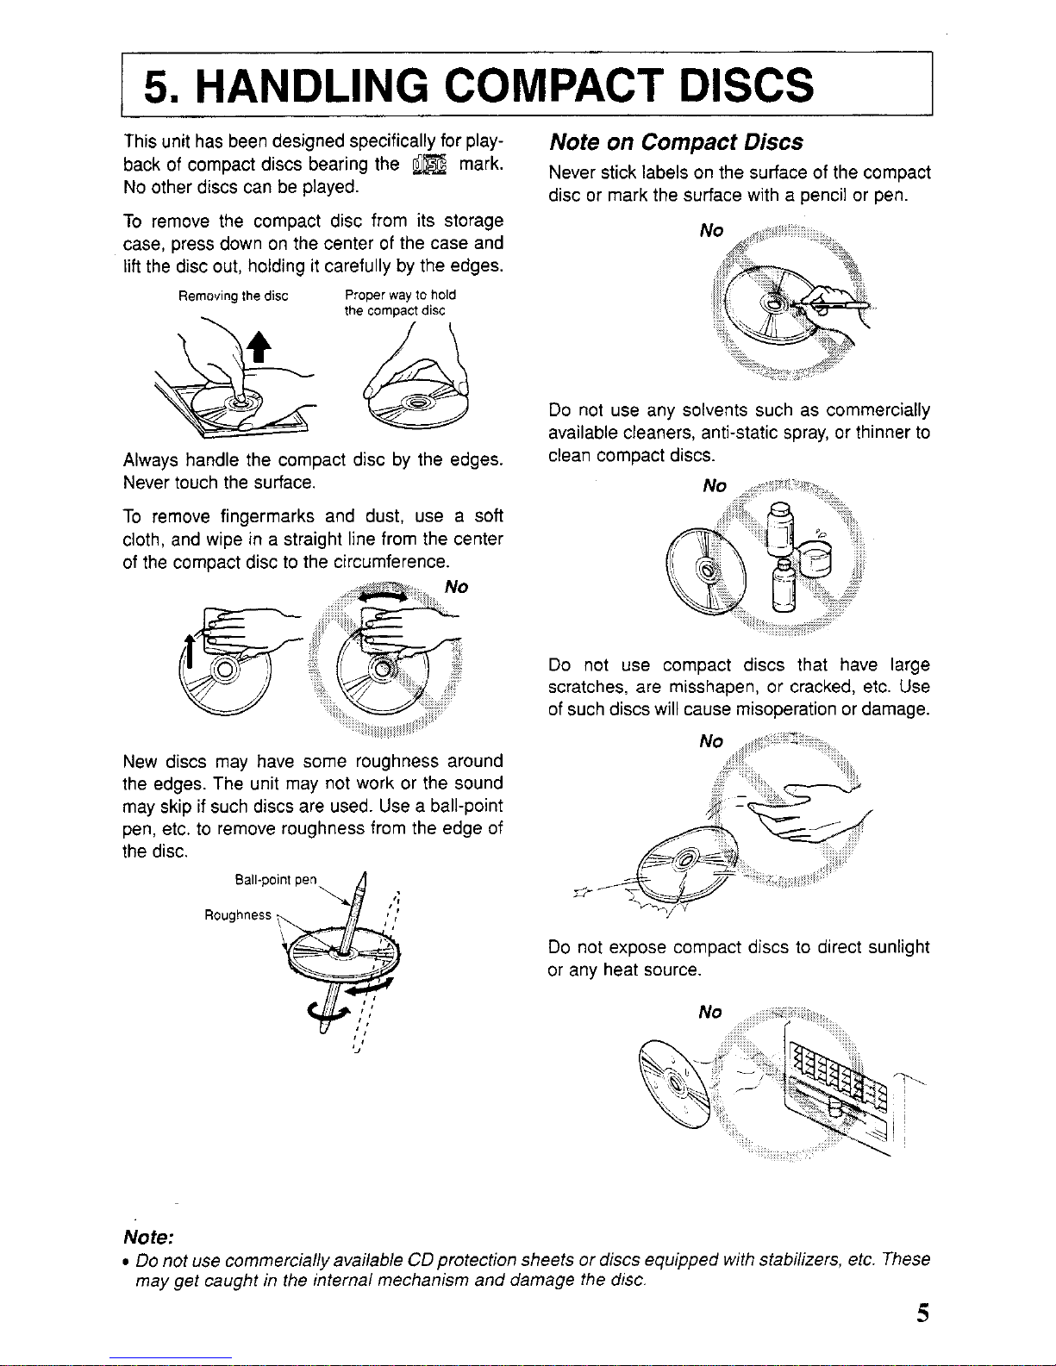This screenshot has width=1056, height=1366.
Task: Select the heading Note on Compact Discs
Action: (x=676, y=142)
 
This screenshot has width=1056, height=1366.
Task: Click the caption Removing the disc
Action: (x=233, y=296)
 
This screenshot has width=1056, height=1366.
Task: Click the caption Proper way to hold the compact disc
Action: (x=399, y=303)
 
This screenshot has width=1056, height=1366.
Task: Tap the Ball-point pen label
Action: (x=276, y=880)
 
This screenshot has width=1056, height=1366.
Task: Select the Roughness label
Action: (x=237, y=914)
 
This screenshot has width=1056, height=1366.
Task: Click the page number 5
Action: (x=923, y=1313)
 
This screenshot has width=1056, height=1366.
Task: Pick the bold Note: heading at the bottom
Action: (x=149, y=1237)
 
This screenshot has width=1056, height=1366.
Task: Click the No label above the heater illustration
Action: (x=710, y=1012)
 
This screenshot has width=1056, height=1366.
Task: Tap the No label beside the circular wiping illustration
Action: (x=456, y=587)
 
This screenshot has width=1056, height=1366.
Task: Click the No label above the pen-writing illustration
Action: (x=711, y=230)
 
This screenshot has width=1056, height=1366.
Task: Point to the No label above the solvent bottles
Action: (x=715, y=486)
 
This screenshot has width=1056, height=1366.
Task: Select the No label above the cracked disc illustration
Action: (x=711, y=741)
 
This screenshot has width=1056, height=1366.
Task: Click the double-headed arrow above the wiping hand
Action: (x=386, y=596)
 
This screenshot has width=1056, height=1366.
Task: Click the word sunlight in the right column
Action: (x=897, y=947)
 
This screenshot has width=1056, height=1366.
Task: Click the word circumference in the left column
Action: (x=397, y=562)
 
